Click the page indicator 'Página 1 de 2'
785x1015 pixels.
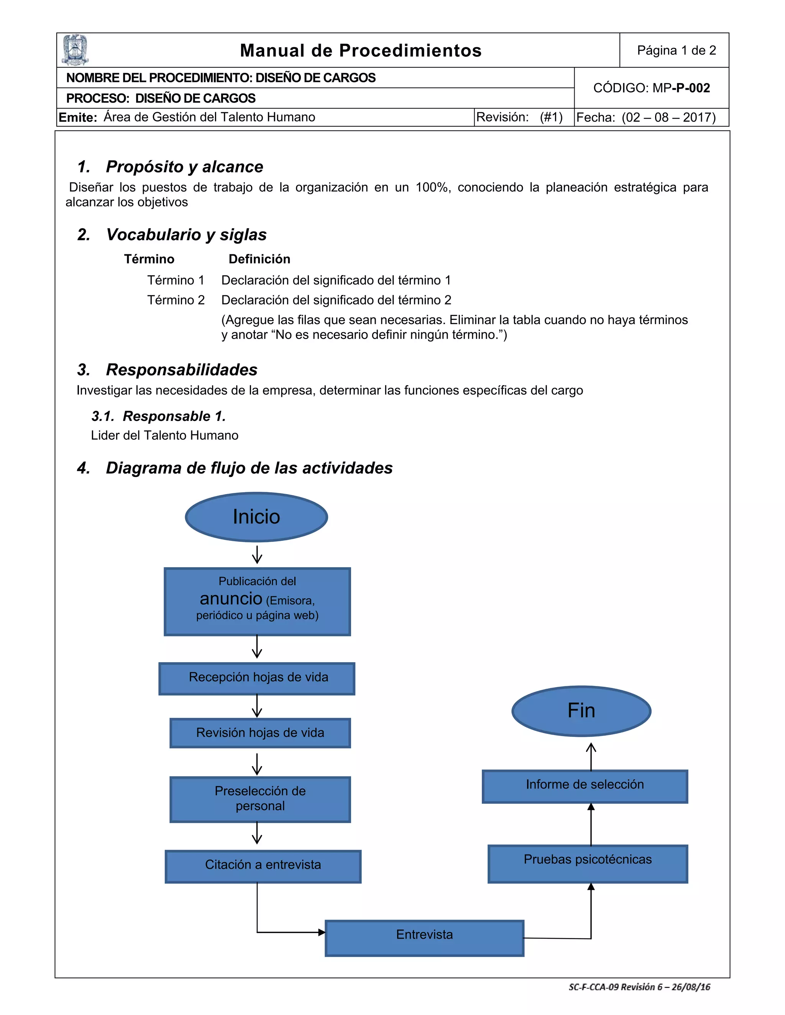pyautogui.click(x=676, y=50)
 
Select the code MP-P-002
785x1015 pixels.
pyautogui.click(x=652, y=88)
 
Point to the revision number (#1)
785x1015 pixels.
pyautogui.click(x=551, y=117)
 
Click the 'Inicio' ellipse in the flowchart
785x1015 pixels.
pyautogui.click(x=256, y=517)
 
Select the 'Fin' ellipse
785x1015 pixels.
pyautogui.click(x=581, y=710)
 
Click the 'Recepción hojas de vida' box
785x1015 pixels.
pyautogui.click(x=257, y=678)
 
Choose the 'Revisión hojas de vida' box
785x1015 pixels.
pyautogui.click(x=260, y=733)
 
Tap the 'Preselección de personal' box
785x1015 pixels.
pyautogui.click(x=260, y=799)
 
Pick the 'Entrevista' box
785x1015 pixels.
pyautogui.click(x=424, y=937)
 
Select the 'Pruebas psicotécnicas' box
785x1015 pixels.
pyautogui.click(x=587, y=863)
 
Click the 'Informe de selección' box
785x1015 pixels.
pyautogui.click(x=585, y=786)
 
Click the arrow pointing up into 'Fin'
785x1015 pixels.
pyautogui.click(x=591, y=755)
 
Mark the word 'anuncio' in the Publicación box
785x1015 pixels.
pyautogui.click(x=231, y=599)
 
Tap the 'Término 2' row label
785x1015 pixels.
pyautogui.click(x=176, y=300)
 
